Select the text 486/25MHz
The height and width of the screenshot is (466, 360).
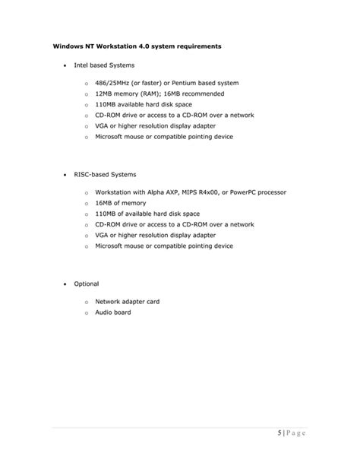click(x=113, y=82)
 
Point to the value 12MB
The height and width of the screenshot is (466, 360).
click(x=105, y=94)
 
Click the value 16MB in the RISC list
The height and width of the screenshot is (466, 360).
click(x=105, y=204)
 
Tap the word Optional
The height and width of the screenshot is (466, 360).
click(x=86, y=284)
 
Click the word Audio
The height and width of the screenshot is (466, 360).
click(x=105, y=312)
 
